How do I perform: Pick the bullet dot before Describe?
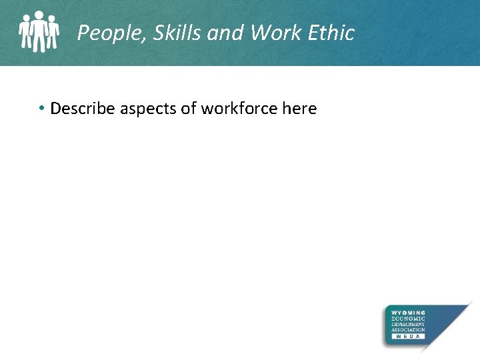tap(41, 108)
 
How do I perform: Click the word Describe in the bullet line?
tap(83, 108)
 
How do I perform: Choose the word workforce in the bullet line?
tap(234, 108)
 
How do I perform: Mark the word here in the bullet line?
tap(299, 108)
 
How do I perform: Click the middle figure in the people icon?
tap(40, 31)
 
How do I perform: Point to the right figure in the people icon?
tap(53, 33)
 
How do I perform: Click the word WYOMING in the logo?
tap(409, 312)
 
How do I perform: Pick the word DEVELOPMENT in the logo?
tap(409, 324)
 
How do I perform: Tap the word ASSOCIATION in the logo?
tap(409, 330)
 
